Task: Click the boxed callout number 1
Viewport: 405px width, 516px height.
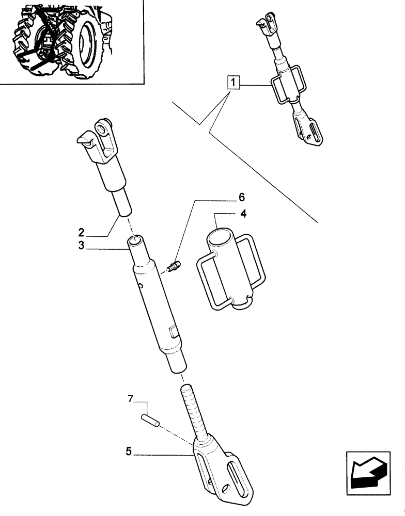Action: pos(234,82)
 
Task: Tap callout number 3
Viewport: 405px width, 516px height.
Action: pos(81,246)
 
